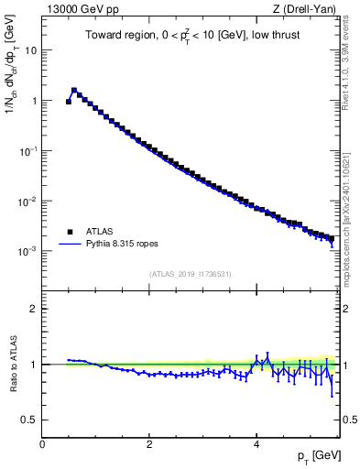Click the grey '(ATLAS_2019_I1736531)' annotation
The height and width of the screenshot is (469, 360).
(190, 274)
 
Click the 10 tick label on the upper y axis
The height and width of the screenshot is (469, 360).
(31, 50)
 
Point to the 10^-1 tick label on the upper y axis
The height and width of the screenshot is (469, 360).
(28, 151)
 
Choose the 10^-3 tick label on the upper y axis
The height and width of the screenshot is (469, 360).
(28, 251)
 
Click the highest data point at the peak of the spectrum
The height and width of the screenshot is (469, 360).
(74, 91)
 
